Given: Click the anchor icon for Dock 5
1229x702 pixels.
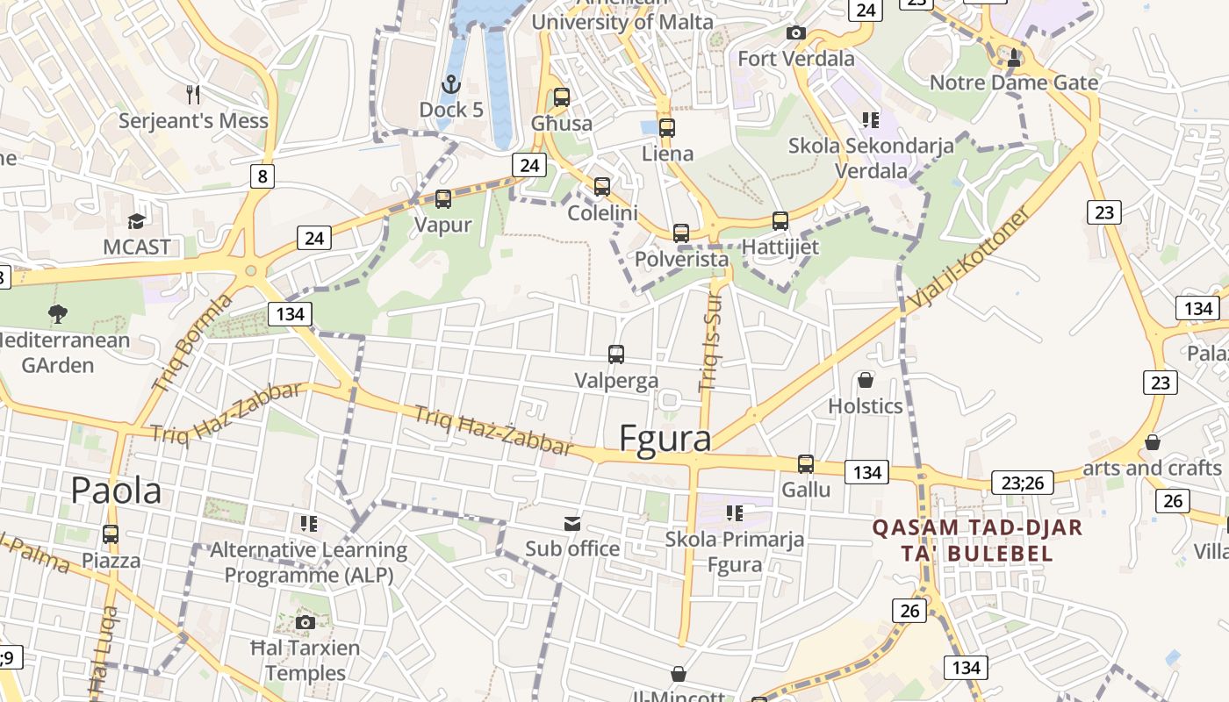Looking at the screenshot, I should [450, 84].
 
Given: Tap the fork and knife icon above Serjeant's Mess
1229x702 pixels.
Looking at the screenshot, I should [193, 93].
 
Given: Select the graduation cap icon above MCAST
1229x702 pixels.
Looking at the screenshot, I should [136, 220].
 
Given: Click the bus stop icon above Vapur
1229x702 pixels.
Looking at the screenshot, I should [443, 199].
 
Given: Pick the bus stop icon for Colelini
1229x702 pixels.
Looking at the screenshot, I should [602, 187].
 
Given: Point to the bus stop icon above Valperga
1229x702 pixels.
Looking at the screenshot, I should [616, 355].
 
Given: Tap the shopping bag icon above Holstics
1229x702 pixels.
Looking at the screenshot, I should [866, 380].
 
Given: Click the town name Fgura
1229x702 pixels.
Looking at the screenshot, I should [665, 438].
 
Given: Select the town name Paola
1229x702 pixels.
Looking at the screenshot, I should [116, 491].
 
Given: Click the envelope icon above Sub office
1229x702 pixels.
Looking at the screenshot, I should [572, 524].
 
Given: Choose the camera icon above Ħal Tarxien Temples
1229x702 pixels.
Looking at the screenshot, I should [305, 623].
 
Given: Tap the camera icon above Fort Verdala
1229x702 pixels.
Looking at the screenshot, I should [796, 33].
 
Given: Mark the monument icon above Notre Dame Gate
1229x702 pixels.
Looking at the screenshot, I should [1014, 57].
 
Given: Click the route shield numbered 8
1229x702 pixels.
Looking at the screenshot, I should [262, 176].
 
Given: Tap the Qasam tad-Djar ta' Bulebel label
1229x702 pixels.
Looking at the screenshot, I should [976, 541].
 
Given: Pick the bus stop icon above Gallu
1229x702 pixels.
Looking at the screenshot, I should [806, 464].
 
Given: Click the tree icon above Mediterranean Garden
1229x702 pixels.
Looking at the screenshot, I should [58, 313].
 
